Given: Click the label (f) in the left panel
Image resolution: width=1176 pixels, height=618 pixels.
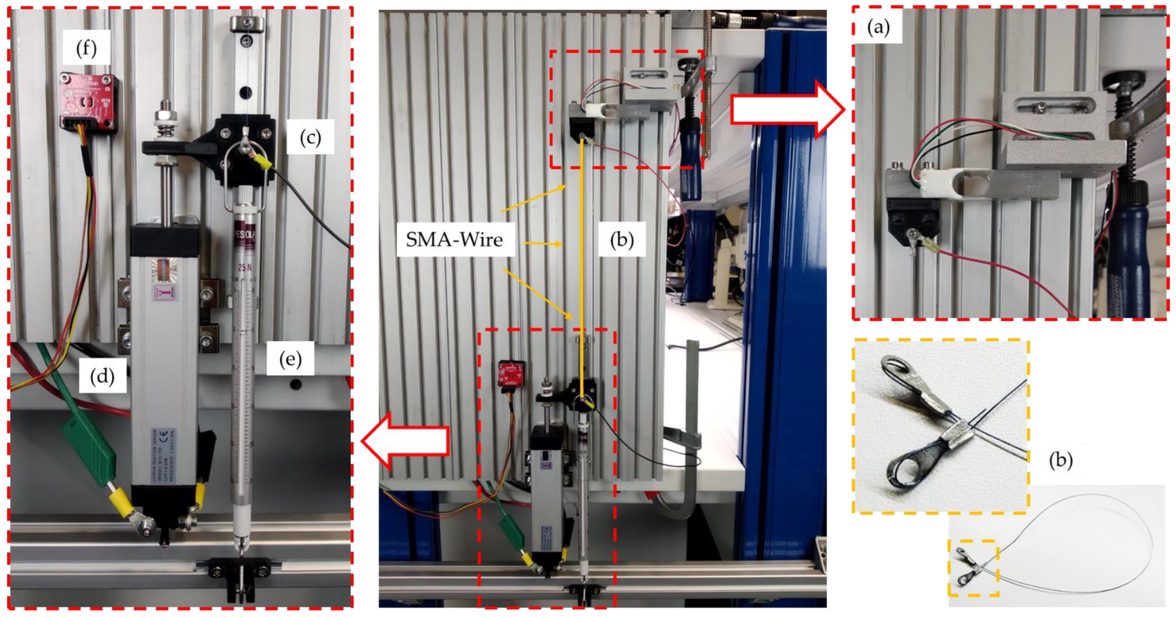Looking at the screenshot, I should click(x=86, y=48).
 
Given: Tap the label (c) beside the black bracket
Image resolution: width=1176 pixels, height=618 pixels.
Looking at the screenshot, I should click(x=311, y=137).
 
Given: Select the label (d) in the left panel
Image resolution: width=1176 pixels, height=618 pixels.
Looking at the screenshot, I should click(x=102, y=376).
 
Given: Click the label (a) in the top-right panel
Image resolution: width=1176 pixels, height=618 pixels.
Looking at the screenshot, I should click(x=878, y=28).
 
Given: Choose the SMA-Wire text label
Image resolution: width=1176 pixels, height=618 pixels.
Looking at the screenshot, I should click(x=454, y=240).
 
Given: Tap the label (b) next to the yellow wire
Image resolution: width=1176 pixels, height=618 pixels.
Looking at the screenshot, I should click(x=622, y=239).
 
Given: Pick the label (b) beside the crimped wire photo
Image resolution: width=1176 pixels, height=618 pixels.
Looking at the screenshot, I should click(x=1060, y=460).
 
